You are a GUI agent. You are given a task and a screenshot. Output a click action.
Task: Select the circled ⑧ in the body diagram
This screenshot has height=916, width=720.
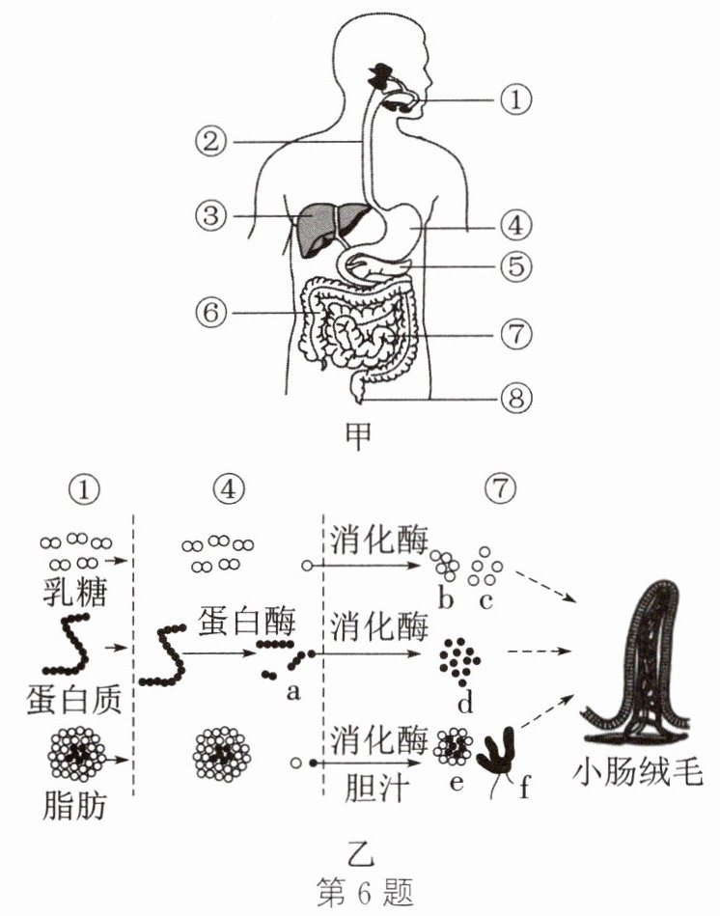click(515, 397)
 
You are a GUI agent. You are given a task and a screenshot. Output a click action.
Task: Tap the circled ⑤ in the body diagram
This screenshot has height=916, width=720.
click(515, 265)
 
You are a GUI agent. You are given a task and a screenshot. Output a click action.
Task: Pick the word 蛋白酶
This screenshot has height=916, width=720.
click(236, 622)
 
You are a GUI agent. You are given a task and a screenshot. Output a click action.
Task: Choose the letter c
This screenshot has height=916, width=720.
click(485, 601)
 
